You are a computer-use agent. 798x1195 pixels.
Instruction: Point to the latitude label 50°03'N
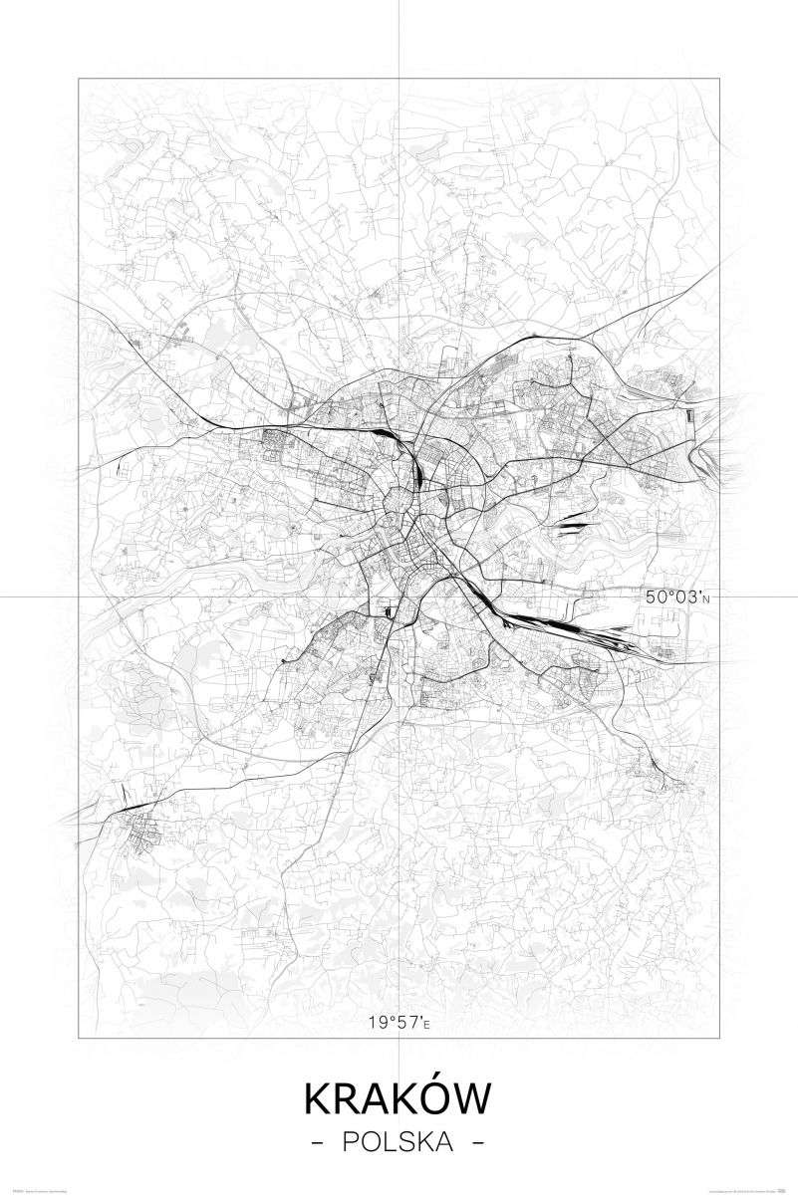tap(678, 597)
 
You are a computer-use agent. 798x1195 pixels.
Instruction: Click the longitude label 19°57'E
tap(399, 1022)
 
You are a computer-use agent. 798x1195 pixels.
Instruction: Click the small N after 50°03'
tap(709, 599)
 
